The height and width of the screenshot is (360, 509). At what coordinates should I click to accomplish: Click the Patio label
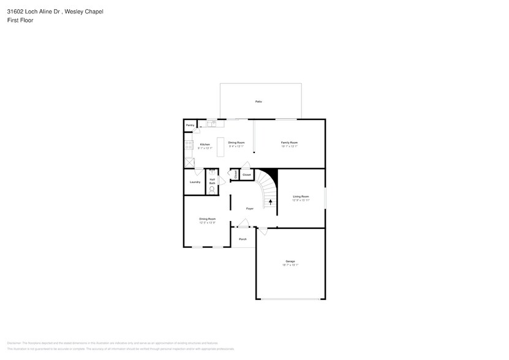tap(258, 101)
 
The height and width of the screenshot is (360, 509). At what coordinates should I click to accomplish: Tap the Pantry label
tap(190, 125)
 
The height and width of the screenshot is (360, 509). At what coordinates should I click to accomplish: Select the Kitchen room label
tap(205, 144)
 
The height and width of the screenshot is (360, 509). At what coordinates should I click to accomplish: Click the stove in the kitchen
tap(188, 145)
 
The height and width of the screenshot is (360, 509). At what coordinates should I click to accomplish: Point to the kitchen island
tap(221, 147)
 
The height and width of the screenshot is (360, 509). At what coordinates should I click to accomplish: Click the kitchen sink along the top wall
tap(211, 124)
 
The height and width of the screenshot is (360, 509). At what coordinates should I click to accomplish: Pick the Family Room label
tap(289, 143)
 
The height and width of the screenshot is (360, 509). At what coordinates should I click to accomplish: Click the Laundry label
tap(195, 182)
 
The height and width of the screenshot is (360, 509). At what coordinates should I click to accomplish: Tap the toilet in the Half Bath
tap(212, 190)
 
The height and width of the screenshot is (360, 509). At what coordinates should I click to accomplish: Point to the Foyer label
tap(250, 209)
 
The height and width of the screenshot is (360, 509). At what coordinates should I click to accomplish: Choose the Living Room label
tap(301, 197)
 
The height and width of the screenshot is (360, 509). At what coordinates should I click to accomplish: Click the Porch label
tap(243, 239)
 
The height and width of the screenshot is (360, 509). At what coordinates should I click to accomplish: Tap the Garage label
tap(290, 261)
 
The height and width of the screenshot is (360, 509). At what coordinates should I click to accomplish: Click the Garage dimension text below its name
tap(290, 265)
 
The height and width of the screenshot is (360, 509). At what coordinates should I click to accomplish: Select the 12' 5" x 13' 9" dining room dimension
tap(207, 223)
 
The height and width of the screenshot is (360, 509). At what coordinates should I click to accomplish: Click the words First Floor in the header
tap(20, 20)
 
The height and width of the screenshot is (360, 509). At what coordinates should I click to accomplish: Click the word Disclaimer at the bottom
tap(13, 343)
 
